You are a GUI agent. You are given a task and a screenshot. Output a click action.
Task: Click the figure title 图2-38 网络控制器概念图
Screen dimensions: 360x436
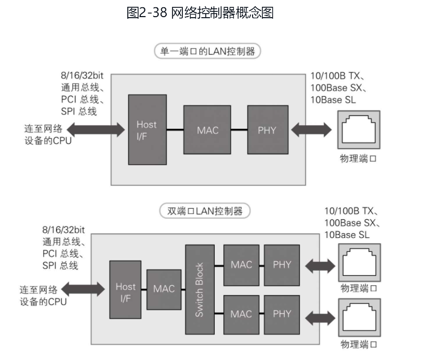click(200, 13)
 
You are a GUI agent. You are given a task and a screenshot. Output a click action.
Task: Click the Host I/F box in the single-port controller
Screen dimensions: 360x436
click(147, 129)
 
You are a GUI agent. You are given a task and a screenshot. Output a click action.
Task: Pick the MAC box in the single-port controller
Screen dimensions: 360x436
click(207, 129)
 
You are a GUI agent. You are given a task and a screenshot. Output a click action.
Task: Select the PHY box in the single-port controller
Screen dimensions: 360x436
click(267, 129)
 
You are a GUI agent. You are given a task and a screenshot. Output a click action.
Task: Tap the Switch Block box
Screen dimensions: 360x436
click(200, 289)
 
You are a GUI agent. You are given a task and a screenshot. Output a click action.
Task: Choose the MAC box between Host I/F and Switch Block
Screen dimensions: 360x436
click(164, 289)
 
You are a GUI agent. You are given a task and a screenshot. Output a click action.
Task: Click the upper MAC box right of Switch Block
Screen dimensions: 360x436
click(241, 265)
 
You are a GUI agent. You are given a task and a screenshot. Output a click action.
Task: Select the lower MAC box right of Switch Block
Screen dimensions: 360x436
click(241, 314)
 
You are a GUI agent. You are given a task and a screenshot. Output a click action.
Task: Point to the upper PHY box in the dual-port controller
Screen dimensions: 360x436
click(282, 265)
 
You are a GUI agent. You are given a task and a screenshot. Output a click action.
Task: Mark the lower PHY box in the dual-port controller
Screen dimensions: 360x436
click(282, 314)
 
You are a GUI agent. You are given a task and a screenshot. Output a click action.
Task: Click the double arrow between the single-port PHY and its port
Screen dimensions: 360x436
click(311, 129)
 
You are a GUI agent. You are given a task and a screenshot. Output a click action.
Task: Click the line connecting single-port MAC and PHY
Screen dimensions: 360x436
click(239, 129)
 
